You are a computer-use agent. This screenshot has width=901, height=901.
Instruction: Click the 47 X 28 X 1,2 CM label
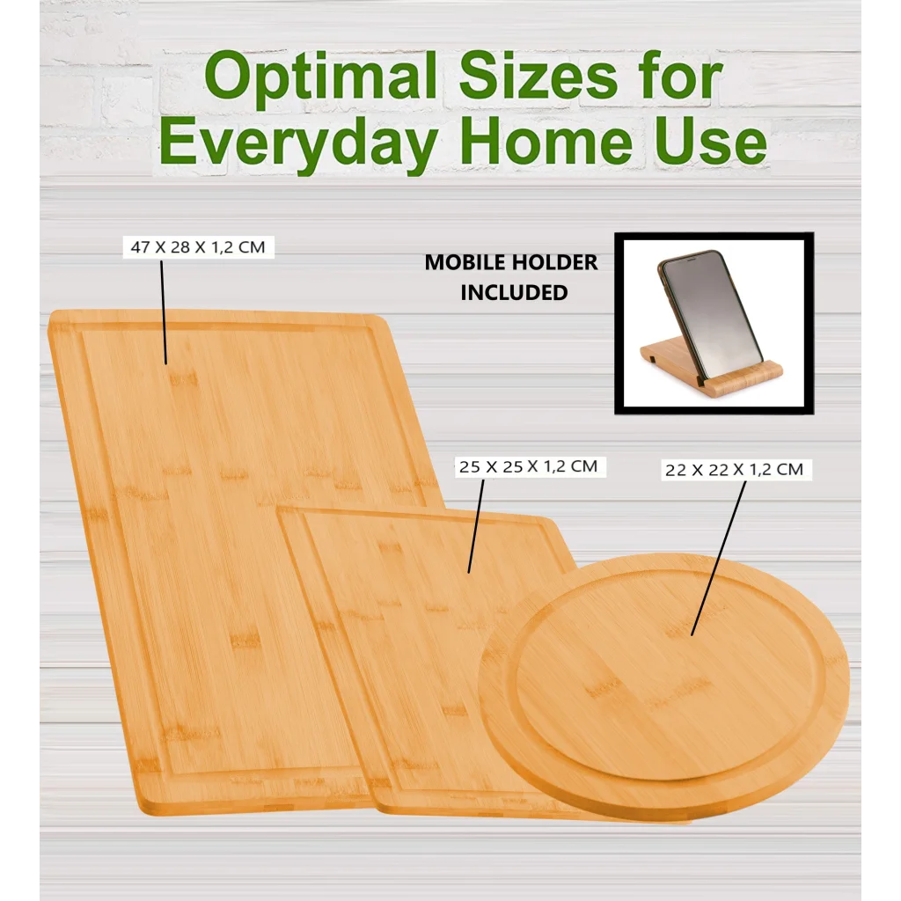(x=198, y=248)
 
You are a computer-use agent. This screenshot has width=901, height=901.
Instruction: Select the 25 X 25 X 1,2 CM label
(x=529, y=466)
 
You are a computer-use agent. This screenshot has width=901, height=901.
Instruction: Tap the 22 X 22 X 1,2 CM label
(x=734, y=470)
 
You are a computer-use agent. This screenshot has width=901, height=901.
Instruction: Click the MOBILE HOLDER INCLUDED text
(x=511, y=277)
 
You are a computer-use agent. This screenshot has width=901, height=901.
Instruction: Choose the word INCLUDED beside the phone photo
(x=514, y=293)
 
